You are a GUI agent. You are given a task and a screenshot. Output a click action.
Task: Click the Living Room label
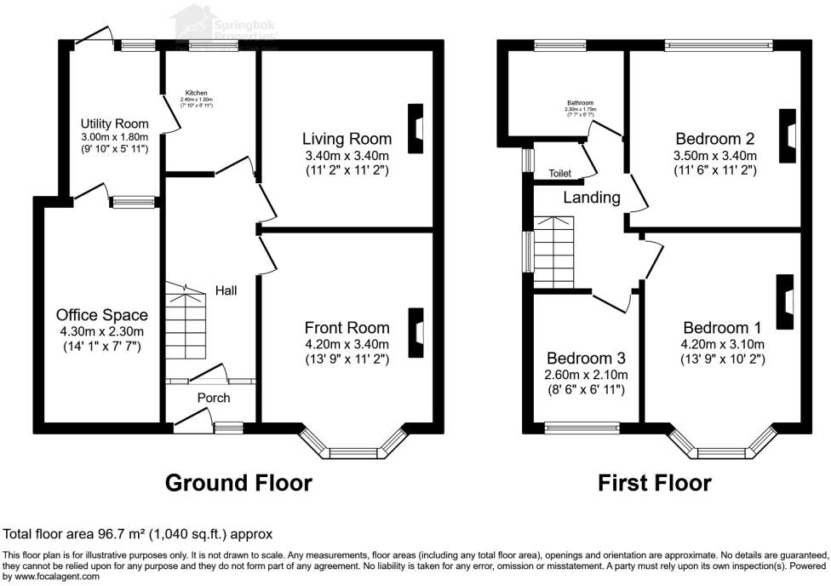click(347, 139)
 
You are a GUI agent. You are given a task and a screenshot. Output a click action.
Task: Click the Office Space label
click(102, 315)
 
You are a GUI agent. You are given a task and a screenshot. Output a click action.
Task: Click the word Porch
click(214, 398)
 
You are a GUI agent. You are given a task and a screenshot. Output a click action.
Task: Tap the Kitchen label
click(197, 93)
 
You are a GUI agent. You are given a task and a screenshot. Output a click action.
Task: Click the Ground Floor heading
click(238, 483)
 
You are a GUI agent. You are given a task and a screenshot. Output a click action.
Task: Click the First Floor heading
click(654, 483)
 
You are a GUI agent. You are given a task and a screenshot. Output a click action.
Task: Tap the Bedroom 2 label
click(715, 139)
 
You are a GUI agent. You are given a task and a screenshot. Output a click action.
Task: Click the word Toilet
click(559, 173)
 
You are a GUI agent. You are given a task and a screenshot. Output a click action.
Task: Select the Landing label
click(592, 198)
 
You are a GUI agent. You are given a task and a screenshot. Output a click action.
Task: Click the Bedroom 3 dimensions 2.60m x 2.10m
click(587, 375)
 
